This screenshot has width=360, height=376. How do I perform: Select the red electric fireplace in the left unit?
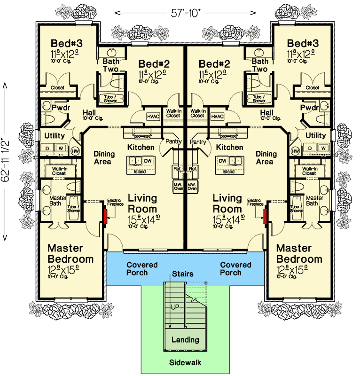[x=104, y=217]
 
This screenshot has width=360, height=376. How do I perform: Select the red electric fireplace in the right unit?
[x=266, y=217]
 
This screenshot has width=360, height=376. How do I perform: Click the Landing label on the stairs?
[x=185, y=340]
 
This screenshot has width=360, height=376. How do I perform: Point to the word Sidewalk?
[x=185, y=363]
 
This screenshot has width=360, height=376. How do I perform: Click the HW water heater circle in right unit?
[x=295, y=151]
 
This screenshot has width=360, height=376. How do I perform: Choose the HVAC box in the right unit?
[x=217, y=116]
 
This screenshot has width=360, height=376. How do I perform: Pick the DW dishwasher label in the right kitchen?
[x=223, y=161]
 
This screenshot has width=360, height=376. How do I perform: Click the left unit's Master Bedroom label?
[x=72, y=253]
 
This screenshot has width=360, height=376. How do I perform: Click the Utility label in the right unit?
[x=315, y=135]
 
